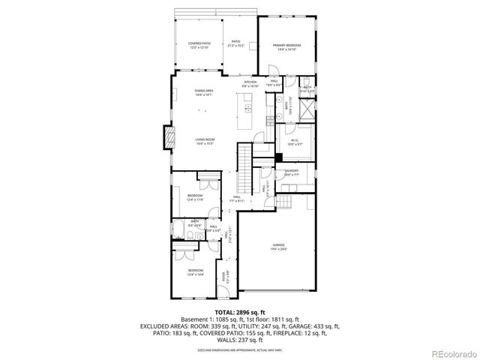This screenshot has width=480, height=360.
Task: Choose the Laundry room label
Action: click(290, 172)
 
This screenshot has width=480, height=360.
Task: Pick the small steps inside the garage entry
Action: click(283, 202)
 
